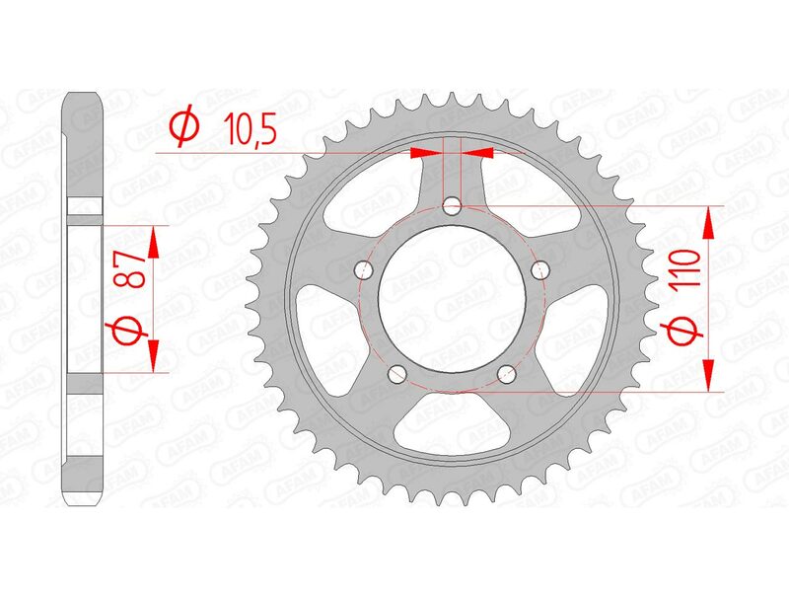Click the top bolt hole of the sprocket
(x=452, y=206)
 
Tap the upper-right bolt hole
(x=538, y=268)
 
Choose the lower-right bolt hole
(x=507, y=373)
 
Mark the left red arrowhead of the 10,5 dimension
(x=424, y=153)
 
